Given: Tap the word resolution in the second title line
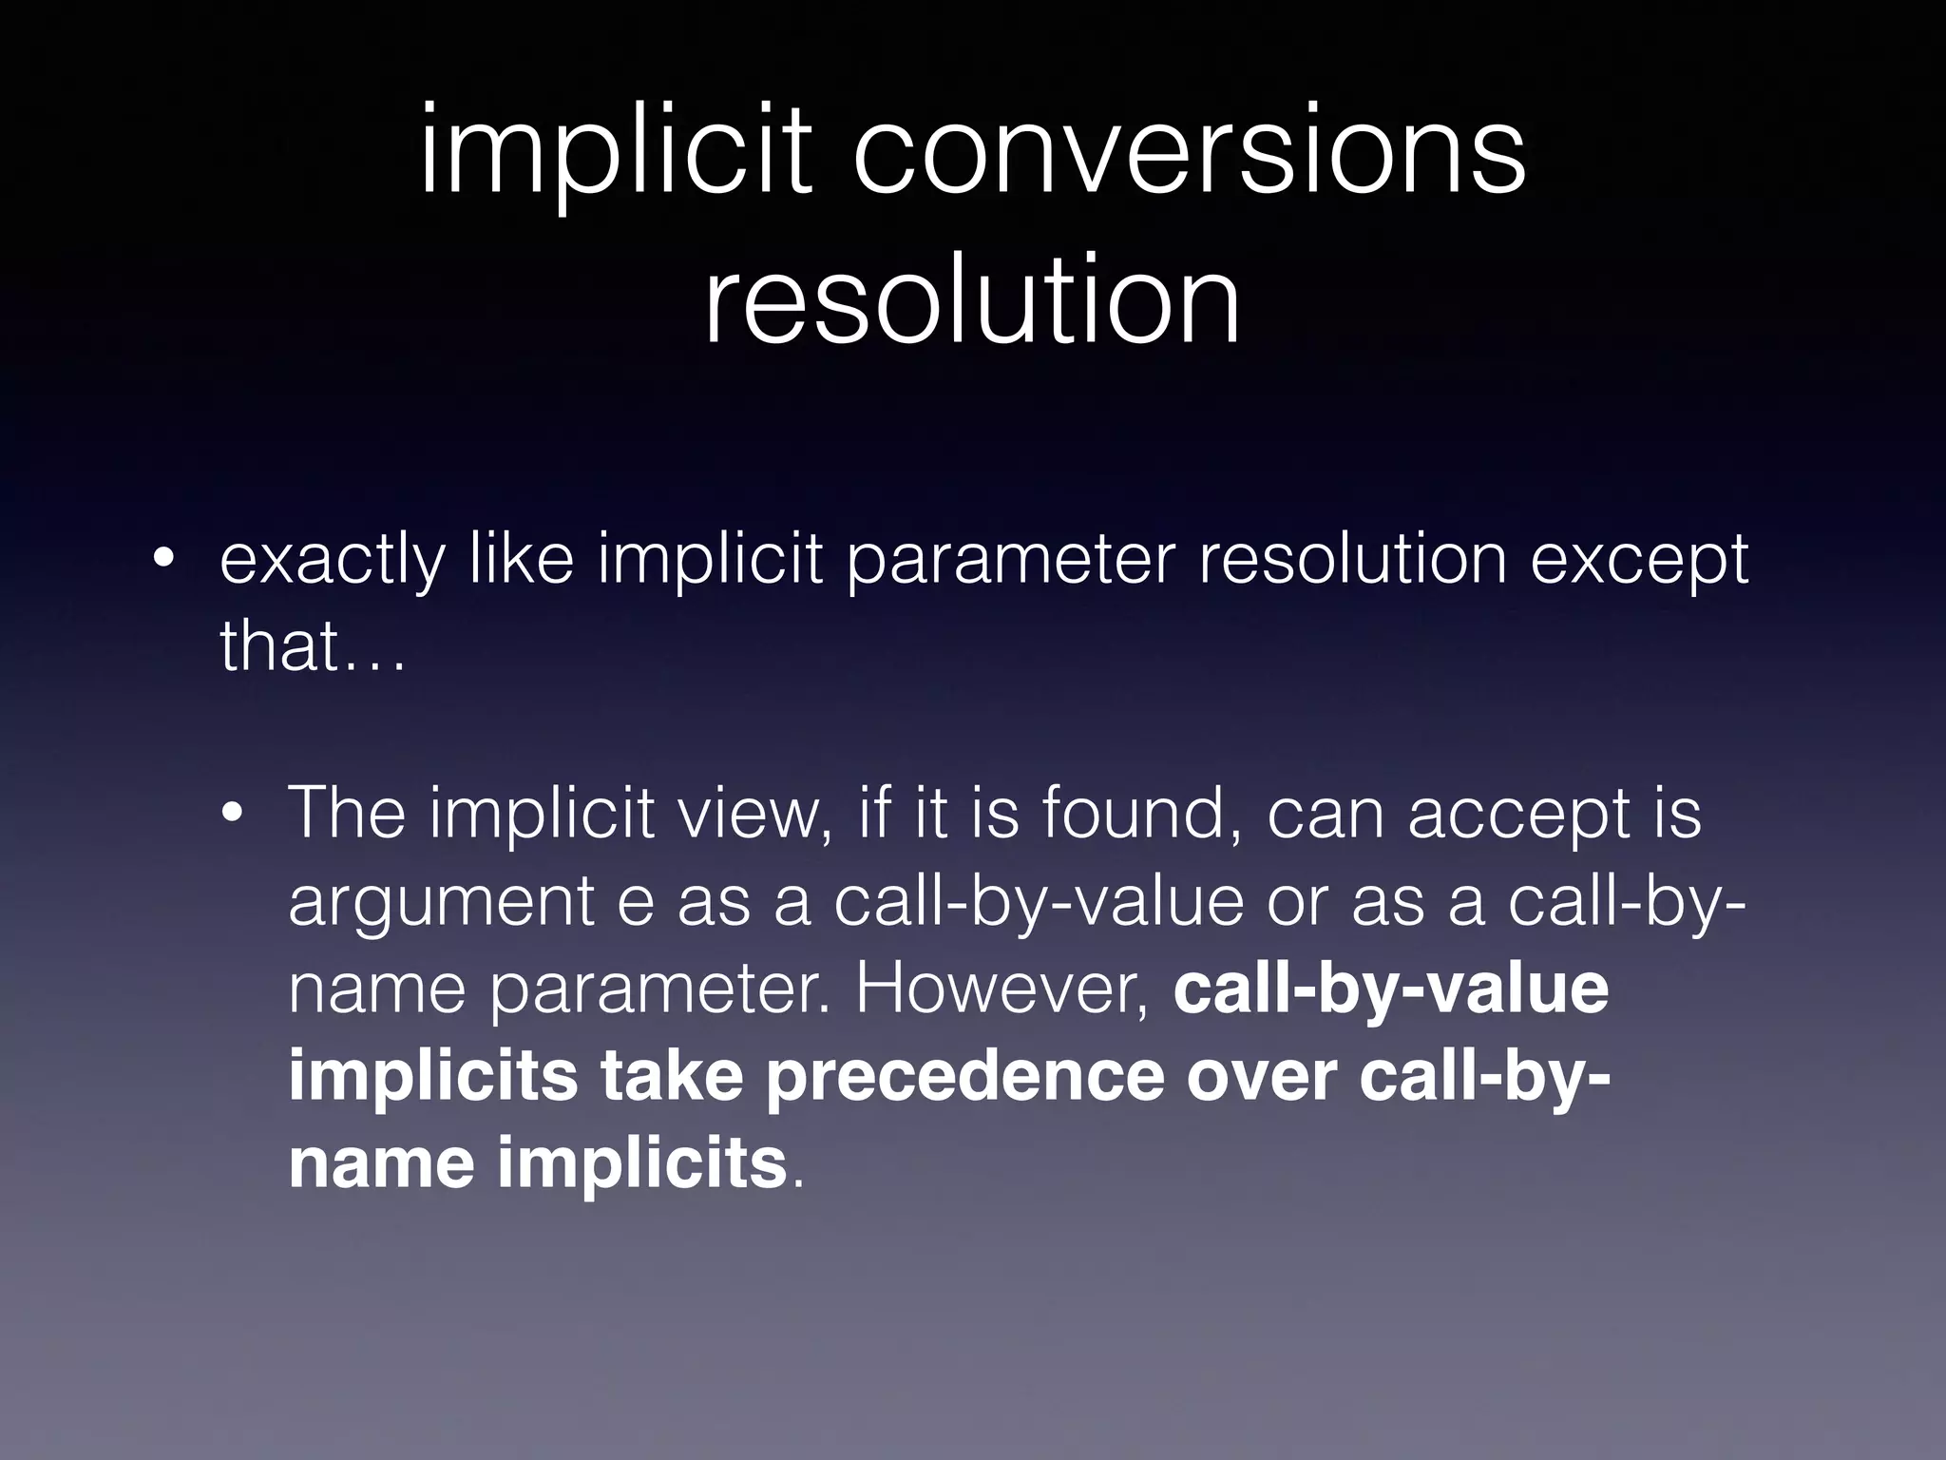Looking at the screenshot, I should [972, 300].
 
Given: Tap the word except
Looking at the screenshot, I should [1639, 561].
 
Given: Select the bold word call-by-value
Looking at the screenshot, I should [1391, 989].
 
